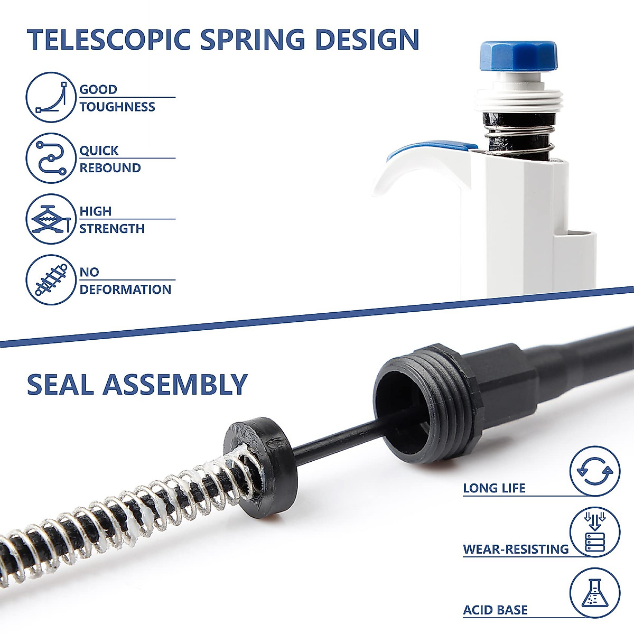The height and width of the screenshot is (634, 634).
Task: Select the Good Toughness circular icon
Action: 51,97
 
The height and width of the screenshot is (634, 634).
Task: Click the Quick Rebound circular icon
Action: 51,158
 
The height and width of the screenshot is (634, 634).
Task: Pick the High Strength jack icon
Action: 51,219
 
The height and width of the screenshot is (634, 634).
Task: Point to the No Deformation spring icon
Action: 51,279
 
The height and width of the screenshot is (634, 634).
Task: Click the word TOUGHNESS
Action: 117,107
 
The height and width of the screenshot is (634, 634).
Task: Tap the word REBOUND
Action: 110,168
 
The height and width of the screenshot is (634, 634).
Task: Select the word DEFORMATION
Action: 125,290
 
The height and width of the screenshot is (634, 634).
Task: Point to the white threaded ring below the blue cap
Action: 519,100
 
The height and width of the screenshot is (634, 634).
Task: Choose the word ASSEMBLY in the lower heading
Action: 175,384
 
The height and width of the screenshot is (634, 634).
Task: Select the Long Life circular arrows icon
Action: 595,470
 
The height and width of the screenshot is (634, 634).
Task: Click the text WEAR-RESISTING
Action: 516,549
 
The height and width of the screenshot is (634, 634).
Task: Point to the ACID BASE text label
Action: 495,610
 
